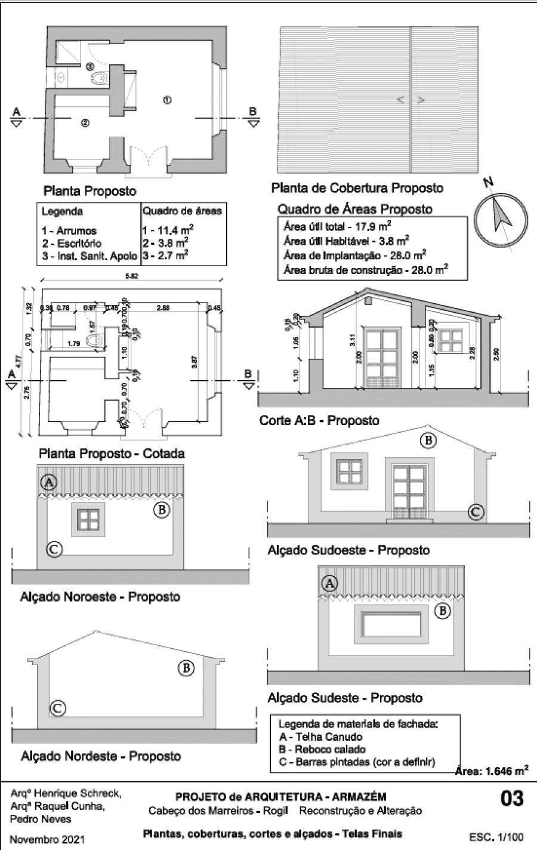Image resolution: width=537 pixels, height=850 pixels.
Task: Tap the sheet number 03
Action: tap(511, 799)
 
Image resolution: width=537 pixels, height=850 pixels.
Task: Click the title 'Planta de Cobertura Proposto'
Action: tap(357, 188)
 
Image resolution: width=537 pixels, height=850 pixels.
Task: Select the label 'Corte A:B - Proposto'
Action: tap(319, 420)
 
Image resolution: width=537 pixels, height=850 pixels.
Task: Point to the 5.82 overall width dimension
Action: tap(132, 276)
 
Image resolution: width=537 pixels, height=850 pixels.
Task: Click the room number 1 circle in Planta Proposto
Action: tap(168, 100)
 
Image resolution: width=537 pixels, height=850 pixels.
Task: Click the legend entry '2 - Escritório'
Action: tap(72, 243)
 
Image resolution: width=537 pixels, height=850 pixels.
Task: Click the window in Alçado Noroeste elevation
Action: tap(88, 518)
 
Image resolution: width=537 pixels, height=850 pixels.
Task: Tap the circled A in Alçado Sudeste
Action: tap(330, 583)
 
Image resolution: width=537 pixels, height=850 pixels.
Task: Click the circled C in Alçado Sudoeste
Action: tap(475, 512)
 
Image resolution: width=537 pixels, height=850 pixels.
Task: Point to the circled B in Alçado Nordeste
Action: tap(187, 668)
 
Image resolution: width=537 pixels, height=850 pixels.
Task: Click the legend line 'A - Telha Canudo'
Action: tap(320, 737)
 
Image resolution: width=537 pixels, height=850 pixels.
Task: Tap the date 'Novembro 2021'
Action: tap(48, 839)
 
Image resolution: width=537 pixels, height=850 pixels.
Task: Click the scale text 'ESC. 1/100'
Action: tap(496, 837)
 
